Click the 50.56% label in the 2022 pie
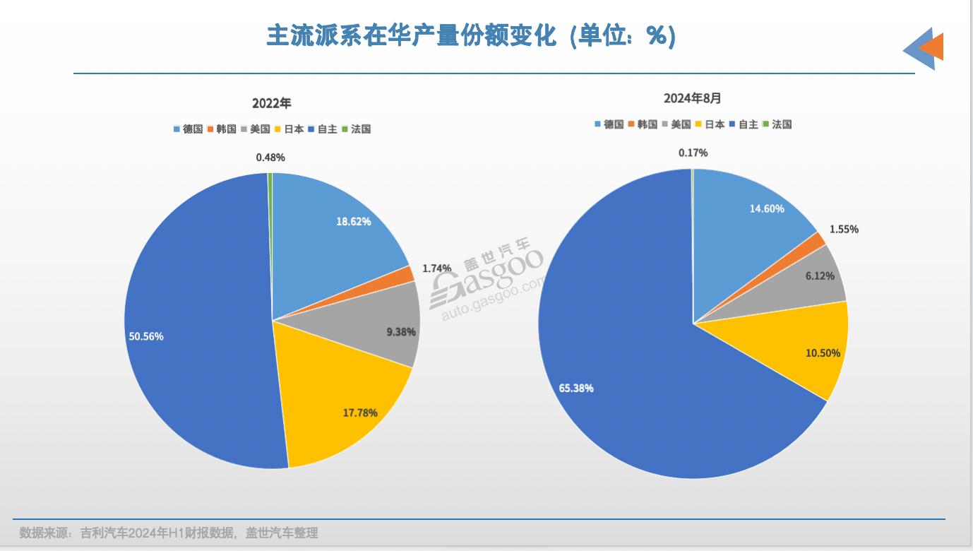[x=146, y=337]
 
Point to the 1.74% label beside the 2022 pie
[x=437, y=268]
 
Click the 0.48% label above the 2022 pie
[x=270, y=158]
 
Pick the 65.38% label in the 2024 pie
[x=576, y=388]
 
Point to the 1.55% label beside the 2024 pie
[x=844, y=230]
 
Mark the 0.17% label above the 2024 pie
[x=693, y=153]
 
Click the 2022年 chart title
[x=272, y=103]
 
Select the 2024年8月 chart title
[x=693, y=98]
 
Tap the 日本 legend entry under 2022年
[x=289, y=129]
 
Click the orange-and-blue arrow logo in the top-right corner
[x=924, y=48]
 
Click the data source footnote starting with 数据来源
[x=169, y=533]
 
